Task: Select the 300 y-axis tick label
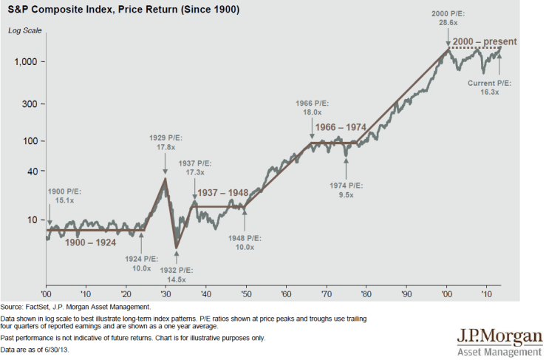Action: (x=30, y=103)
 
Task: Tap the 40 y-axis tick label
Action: (x=32, y=171)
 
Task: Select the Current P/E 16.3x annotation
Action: (x=490, y=88)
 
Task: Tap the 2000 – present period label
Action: (x=485, y=41)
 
